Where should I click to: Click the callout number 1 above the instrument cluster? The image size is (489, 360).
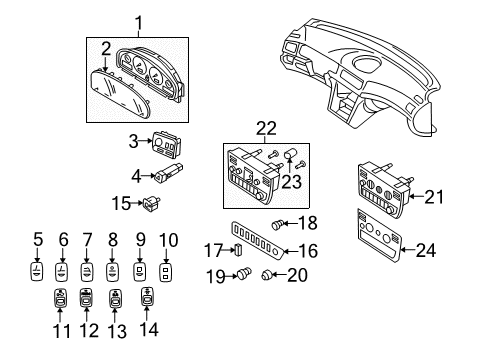(140, 21)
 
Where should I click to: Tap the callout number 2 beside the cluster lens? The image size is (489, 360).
(105, 47)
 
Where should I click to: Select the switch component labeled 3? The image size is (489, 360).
(165, 147)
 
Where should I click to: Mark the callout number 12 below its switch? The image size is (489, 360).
(268, 277)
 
